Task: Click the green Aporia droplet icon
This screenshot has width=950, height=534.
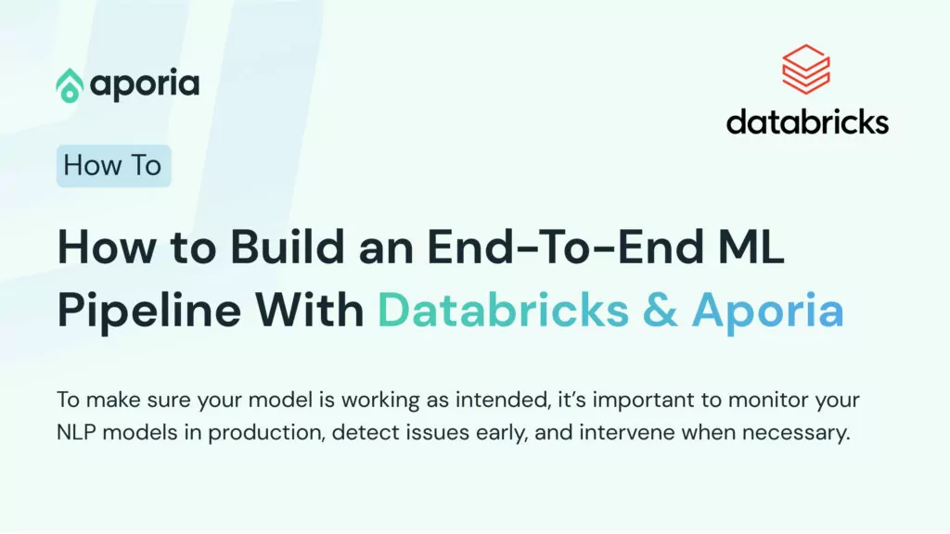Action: pyautogui.click(x=70, y=85)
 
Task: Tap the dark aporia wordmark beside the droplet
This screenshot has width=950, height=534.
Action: pyautogui.click(x=145, y=85)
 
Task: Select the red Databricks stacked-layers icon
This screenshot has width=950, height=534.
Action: pyautogui.click(x=806, y=69)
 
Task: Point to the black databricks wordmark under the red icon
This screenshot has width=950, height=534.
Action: pyautogui.click(x=808, y=121)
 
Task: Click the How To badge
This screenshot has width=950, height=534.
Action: pyautogui.click(x=114, y=166)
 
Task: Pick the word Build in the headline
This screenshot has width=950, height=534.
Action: pyautogui.click(x=288, y=247)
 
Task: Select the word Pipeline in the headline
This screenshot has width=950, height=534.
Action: pyautogui.click(x=150, y=311)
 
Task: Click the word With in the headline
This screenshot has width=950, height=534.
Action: pyautogui.click(x=309, y=310)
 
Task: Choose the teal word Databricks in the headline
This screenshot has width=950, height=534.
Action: pyautogui.click(x=504, y=310)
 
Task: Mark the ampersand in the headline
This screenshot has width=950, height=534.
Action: pyautogui.click(x=660, y=310)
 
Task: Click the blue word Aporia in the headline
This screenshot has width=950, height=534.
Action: pyautogui.click(x=767, y=311)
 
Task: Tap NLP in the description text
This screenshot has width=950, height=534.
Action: pyautogui.click(x=76, y=432)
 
